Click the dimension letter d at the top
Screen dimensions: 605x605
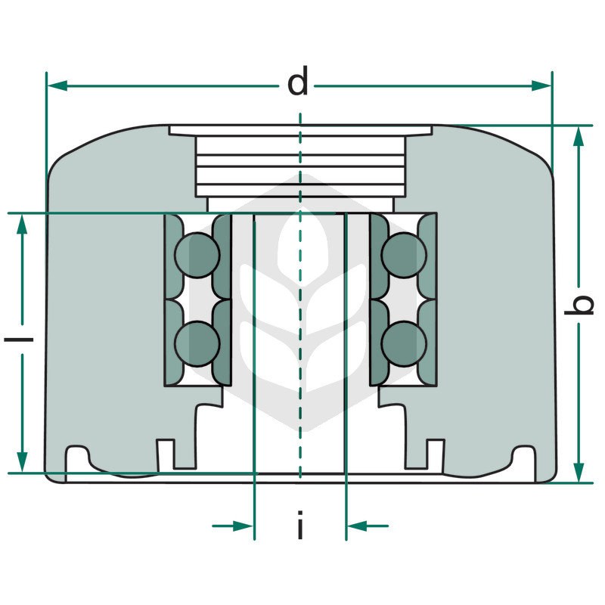click(x=298, y=82)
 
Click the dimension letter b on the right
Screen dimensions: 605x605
click(x=579, y=306)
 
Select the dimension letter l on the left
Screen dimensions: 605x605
click(x=18, y=340)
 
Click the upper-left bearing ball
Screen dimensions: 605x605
click(x=197, y=255)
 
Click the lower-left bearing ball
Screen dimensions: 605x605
click(x=197, y=343)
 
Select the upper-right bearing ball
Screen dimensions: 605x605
click(x=404, y=255)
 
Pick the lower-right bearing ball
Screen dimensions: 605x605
click(x=404, y=343)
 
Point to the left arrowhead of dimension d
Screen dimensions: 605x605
click(x=57, y=85)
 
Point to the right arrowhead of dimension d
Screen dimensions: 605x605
click(x=541, y=85)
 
